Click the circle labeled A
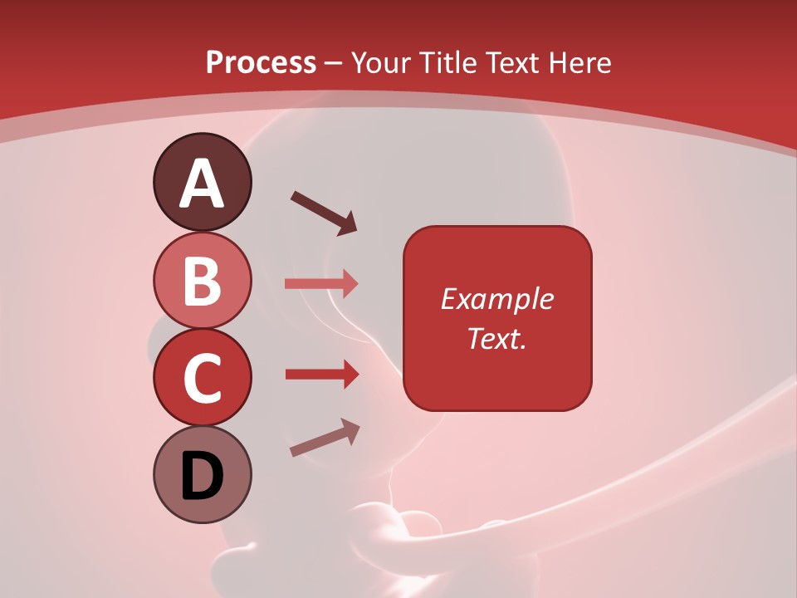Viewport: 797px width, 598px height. point(202,182)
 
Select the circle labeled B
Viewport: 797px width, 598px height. point(202,280)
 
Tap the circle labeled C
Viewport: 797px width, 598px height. point(202,377)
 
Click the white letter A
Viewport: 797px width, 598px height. point(203,184)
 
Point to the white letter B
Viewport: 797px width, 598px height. point(203,281)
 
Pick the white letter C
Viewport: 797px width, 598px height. point(202,378)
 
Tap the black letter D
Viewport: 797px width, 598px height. point(203,477)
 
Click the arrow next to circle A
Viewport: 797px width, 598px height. point(324,213)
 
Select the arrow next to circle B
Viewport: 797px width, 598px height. point(321,284)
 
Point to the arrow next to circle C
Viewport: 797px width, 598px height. point(321,375)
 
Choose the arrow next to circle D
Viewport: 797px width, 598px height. point(325,438)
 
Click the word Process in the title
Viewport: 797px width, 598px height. point(261,63)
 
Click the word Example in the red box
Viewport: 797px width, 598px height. point(496,299)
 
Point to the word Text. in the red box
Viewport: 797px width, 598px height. point(496,338)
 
